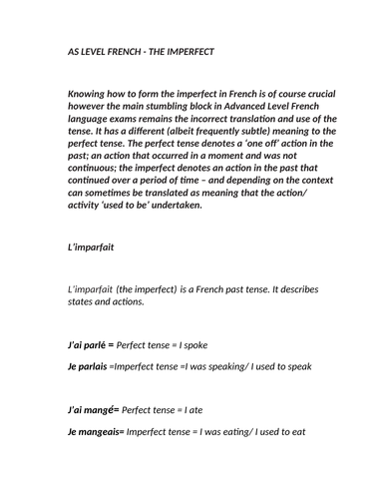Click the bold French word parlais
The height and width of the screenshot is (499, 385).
click(87, 366)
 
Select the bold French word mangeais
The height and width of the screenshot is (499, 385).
click(93, 432)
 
